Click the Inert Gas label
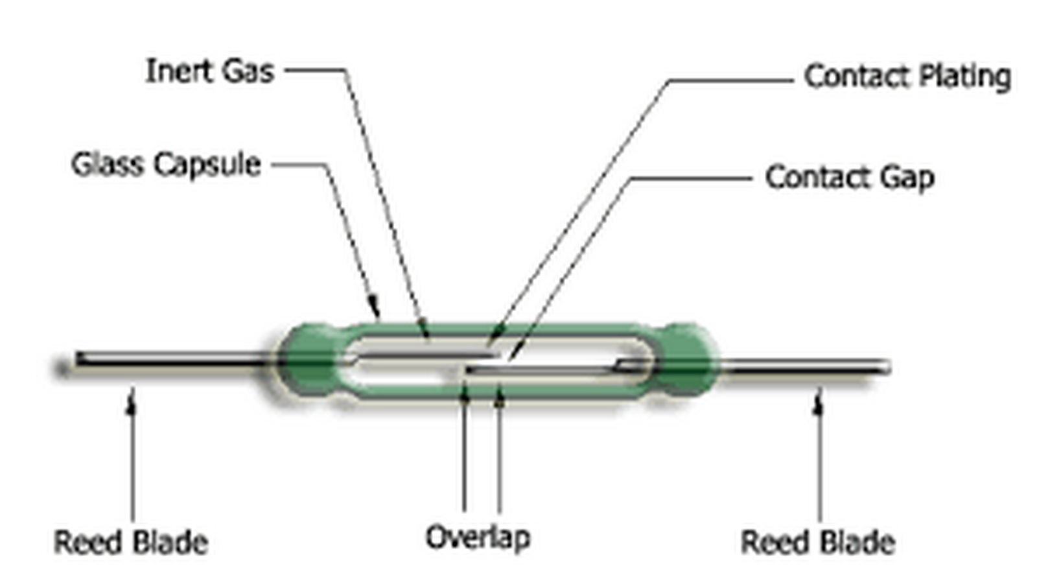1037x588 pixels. (209, 71)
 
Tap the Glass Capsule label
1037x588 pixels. (166, 165)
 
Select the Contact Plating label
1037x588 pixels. (907, 76)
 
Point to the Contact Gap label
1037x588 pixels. (849, 177)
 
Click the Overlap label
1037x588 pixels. (478, 538)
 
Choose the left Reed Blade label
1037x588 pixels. (131, 542)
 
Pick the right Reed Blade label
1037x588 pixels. (818, 542)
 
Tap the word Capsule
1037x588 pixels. (207, 165)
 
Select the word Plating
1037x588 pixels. (965, 77)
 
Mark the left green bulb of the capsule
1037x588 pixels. (310, 360)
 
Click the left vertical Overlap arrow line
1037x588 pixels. (464, 454)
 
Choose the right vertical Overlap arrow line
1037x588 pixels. (499, 454)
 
